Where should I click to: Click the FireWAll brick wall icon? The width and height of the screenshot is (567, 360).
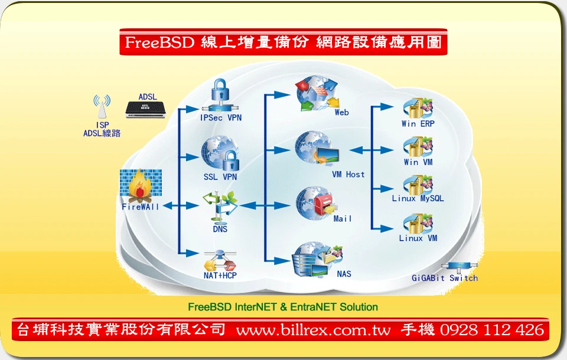pyautogui.click(x=141, y=186)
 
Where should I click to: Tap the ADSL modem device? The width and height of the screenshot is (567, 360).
pyautogui.click(x=146, y=110)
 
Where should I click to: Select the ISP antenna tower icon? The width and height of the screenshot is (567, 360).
pyautogui.click(x=102, y=107)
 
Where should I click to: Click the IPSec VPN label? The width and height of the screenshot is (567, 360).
pyautogui.click(x=220, y=117)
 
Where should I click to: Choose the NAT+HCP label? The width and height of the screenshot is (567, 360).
pyautogui.click(x=220, y=276)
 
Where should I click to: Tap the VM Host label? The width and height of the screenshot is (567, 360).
pyautogui.click(x=348, y=175)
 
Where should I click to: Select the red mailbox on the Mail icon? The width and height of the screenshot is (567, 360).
pyautogui.click(x=323, y=204)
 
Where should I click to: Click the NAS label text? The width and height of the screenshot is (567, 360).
pyautogui.click(x=344, y=274)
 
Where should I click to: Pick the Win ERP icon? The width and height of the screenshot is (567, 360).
pyautogui.click(x=418, y=108)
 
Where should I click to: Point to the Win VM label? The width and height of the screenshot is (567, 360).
pyautogui.click(x=418, y=162)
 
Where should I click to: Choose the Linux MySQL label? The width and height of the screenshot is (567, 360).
pyautogui.click(x=418, y=198)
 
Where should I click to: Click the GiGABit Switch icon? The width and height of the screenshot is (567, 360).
pyautogui.click(x=460, y=267)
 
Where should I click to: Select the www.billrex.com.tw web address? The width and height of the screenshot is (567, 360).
pyautogui.click(x=314, y=330)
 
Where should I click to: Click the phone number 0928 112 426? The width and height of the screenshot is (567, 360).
pyautogui.click(x=492, y=330)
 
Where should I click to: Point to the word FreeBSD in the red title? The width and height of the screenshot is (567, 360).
pyautogui.click(x=160, y=42)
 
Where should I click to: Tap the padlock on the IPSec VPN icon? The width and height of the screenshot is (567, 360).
pyautogui.click(x=220, y=90)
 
